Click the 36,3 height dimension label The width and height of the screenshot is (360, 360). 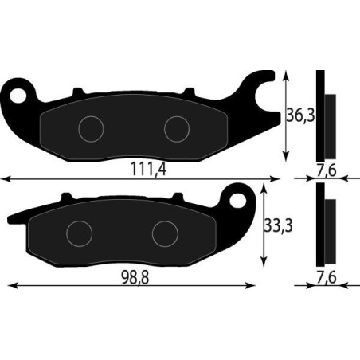[x=299, y=116]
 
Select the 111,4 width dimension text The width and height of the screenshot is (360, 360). [x=148, y=170]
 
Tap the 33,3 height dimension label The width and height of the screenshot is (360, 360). [x=277, y=226]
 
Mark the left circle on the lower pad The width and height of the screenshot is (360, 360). [x=80, y=232]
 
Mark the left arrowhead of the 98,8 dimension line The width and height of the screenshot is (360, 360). [x=10, y=284]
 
